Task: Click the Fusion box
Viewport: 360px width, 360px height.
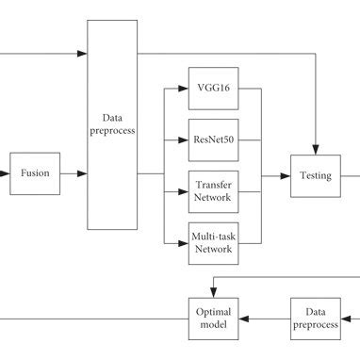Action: click(x=37, y=173)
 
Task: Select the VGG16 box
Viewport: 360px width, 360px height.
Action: click(x=213, y=90)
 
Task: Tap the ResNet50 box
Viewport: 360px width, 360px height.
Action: click(x=213, y=140)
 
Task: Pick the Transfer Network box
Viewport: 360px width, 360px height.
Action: click(x=213, y=191)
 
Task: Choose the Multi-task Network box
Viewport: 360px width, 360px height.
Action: click(x=213, y=242)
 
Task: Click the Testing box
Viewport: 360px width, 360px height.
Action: click(x=316, y=174)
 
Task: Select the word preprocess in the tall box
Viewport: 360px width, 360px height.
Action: click(x=112, y=133)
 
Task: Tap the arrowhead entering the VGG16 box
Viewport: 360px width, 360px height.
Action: click(x=184, y=90)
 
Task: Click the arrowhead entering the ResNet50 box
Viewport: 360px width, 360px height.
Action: click(x=184, y=140)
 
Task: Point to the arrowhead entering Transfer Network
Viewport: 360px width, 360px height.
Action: click(x=184, y=191)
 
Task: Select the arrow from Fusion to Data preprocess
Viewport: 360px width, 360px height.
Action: click(x=75, y=174)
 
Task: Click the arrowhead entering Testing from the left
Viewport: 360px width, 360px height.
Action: click(x=286, y=174)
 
